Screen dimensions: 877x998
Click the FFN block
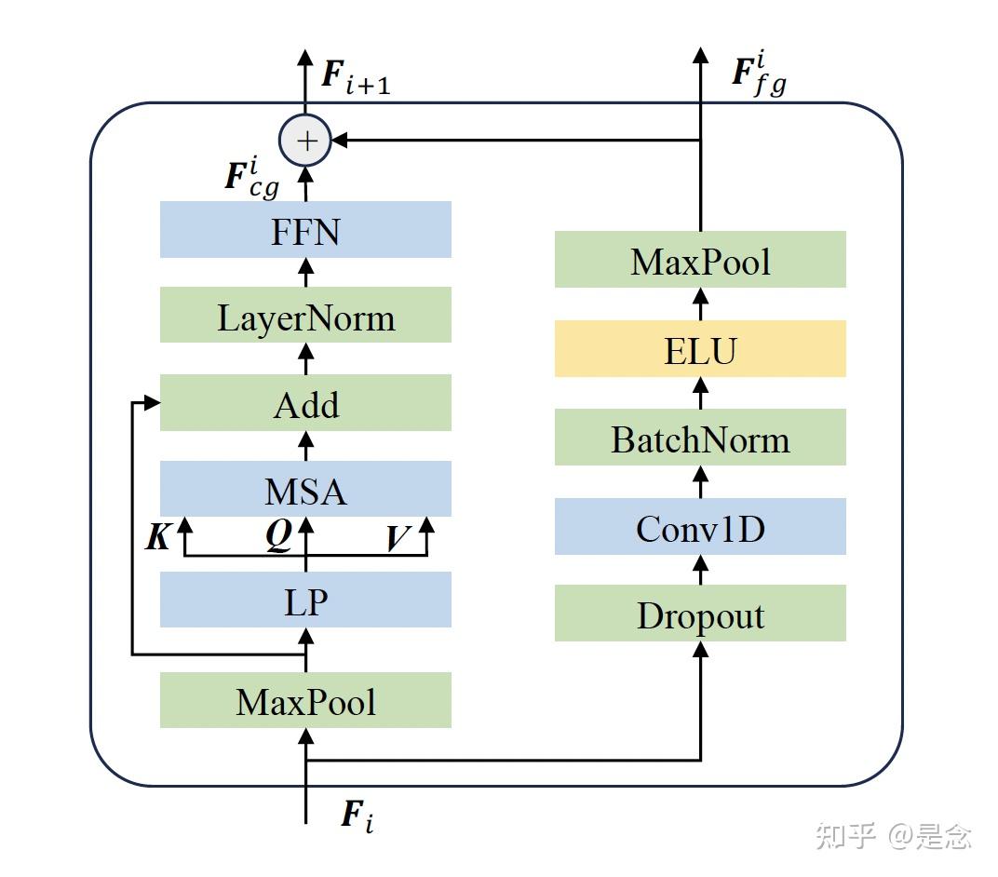pyautogui.click(x=305, y=230)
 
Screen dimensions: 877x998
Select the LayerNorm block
pyautogui.click(x=305, y=317)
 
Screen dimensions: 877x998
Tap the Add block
pyautogui.click(x=305, y=404)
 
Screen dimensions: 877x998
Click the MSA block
pyautogui.click(x=305, y=490)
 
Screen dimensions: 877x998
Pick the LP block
pyautogui.click(x=305, y=600)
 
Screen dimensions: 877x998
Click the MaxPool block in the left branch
pyautogui.click(x=305, y=700)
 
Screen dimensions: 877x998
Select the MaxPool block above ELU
pyautogui.click(x=700, y=261)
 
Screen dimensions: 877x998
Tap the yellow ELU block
pyautogui.click(x=700, y=350)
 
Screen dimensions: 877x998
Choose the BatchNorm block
pyautogui.click(x=700, y=438)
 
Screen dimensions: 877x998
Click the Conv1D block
pyautogui.click(x=700, y=527)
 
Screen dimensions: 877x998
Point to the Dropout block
pyautogui.click(x=700, y=614)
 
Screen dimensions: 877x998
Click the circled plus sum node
pyautogui.click(x=306, y=141)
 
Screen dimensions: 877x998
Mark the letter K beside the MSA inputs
pyautogui.click(x=158, y=537)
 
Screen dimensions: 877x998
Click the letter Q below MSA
pyautogui.click(x=277, y=537)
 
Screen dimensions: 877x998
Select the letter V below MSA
pyautogui.click(x=399, y=539)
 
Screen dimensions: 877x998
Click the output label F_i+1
pyautogui.click(x=355, y=77)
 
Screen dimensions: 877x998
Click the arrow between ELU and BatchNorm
pyautogui.click(x=700, y=393)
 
